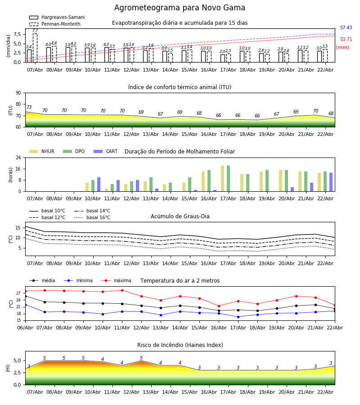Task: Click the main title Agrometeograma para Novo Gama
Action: tap(180, 8)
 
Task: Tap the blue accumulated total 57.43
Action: tap(346, 28)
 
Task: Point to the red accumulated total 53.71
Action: tap(346, 40)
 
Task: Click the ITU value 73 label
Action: tap(29, 108)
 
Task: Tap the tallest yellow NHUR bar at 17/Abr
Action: tap(222, 179)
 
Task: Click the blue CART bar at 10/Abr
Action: tap(99, 184)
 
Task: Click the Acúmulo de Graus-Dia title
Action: tap(180, 216)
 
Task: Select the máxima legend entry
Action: tap(122, 281)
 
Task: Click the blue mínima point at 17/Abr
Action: tap(238, 317)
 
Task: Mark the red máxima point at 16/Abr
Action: tap(219, 306)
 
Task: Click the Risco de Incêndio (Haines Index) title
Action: tap(180, 345)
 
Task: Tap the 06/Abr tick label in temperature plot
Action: tap(25, 327)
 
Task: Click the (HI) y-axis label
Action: tap(8, 368)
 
